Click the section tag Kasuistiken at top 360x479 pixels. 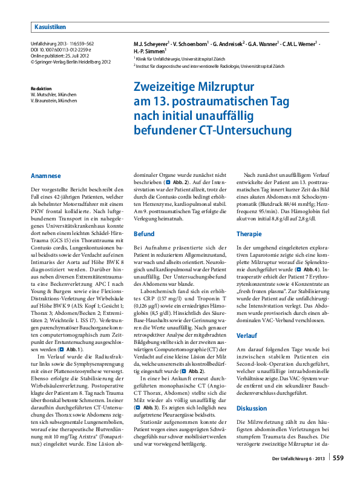[x=50, y=27]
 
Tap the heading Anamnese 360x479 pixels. [x=45, y=176]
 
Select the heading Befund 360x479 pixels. [x=144, y=233]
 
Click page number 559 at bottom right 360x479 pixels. [x=338, y=458]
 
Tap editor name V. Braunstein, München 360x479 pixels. [x=60, y=100]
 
